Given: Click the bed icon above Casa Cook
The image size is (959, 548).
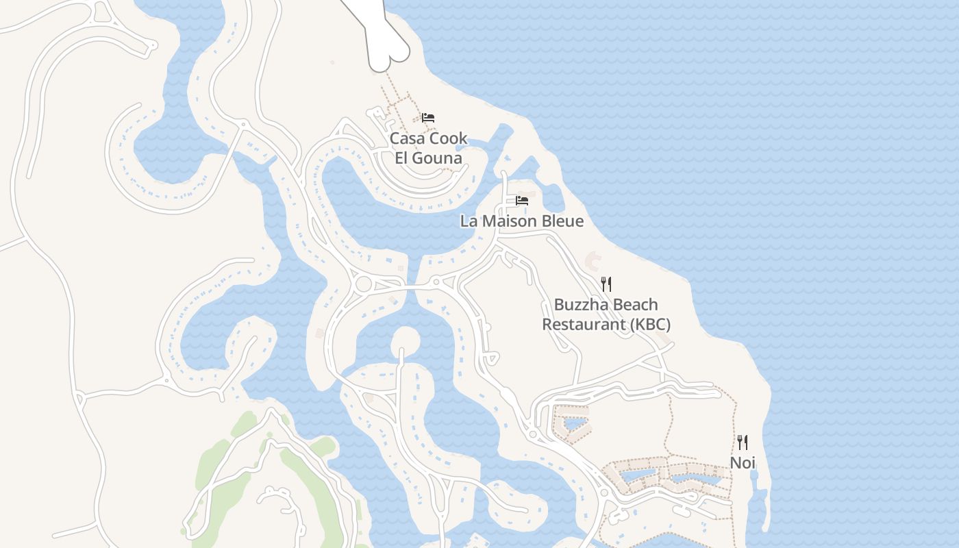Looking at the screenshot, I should [x=428, y=118].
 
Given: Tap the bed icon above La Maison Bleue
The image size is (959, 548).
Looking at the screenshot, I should [x=522, y=201].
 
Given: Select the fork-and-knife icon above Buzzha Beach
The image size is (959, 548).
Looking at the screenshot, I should [x=606, y=284].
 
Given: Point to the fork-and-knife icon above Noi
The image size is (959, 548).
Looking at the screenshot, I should [x=742, y=442].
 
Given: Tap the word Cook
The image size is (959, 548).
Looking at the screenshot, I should [x=449, y=138].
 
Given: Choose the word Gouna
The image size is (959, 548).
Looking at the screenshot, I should [x=438, y=158].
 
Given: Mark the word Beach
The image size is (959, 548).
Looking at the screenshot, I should [x=636, y=305].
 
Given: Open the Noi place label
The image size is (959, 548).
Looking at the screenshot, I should [x=742, y=463].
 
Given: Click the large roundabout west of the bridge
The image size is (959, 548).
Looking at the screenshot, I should [x=363, y=284].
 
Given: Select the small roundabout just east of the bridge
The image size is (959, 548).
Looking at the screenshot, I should [x=436, y=282].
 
